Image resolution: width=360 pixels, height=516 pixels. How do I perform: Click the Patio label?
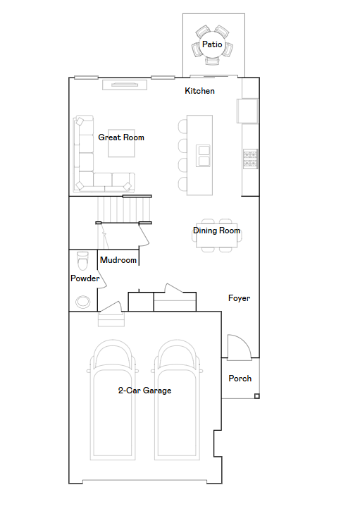click(212, 44)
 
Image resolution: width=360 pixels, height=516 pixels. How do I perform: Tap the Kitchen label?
click(199, 91)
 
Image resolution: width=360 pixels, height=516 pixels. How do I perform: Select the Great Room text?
click(121, 137)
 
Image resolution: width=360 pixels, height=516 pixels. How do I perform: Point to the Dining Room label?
click(216, 231)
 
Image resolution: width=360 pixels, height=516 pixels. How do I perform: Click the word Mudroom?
click(118, 260)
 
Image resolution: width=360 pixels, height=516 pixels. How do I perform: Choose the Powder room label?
click(85, 278)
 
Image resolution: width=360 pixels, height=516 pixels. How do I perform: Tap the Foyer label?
click(239, 298)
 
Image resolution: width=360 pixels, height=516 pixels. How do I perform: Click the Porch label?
click(240, 379)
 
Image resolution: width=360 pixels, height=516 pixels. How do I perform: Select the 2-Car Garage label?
click(144, 391)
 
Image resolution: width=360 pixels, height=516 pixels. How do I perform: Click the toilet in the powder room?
click(82, 261)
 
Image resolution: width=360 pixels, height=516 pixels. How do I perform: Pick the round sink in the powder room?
click(83, 302)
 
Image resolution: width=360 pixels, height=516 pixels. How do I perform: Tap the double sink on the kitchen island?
click(203, 156)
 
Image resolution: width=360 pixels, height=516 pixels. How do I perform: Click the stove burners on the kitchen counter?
click(250, 159)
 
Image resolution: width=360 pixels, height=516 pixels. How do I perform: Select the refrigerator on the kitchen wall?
click(247, 111)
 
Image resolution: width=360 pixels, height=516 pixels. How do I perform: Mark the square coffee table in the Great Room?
click(121, 143)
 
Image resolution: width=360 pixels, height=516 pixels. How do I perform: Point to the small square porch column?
click(257, 396)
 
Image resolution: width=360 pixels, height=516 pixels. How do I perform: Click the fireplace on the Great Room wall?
click(125, 85)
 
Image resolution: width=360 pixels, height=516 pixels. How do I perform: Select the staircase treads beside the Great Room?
click(123, 209)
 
